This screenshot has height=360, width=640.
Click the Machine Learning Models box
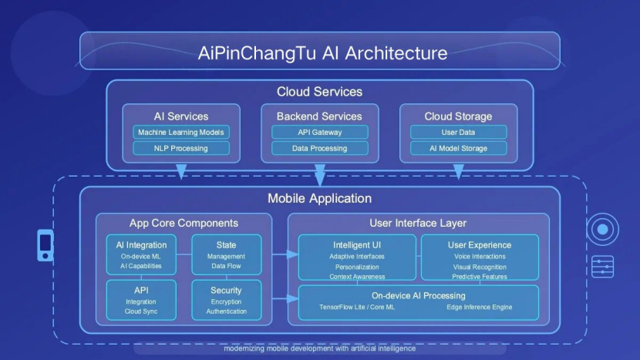point(180,133)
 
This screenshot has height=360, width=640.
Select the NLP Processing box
point(180,148)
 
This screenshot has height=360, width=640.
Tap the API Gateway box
point(319,133)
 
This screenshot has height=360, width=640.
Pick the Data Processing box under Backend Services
point(319,148)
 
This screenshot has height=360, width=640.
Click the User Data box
point(458,133)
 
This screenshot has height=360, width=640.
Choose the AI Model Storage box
point(458,148)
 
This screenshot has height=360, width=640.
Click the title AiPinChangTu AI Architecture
point(322,53)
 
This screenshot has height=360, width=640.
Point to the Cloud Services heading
point(319,92)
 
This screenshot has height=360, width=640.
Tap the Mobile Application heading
point(319,198)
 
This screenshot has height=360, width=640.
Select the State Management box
point(227,254)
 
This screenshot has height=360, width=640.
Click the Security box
point(227,300)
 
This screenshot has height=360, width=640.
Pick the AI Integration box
point(141,254)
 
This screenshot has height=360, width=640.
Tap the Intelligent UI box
point(357,257)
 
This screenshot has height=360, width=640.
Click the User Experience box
point(480,257)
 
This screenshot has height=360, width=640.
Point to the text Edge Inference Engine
point(479,307)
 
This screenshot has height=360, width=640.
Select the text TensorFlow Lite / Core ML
point(357,307)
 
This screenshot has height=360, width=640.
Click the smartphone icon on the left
point(45,245)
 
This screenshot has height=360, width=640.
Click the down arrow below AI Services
point(181,171)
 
